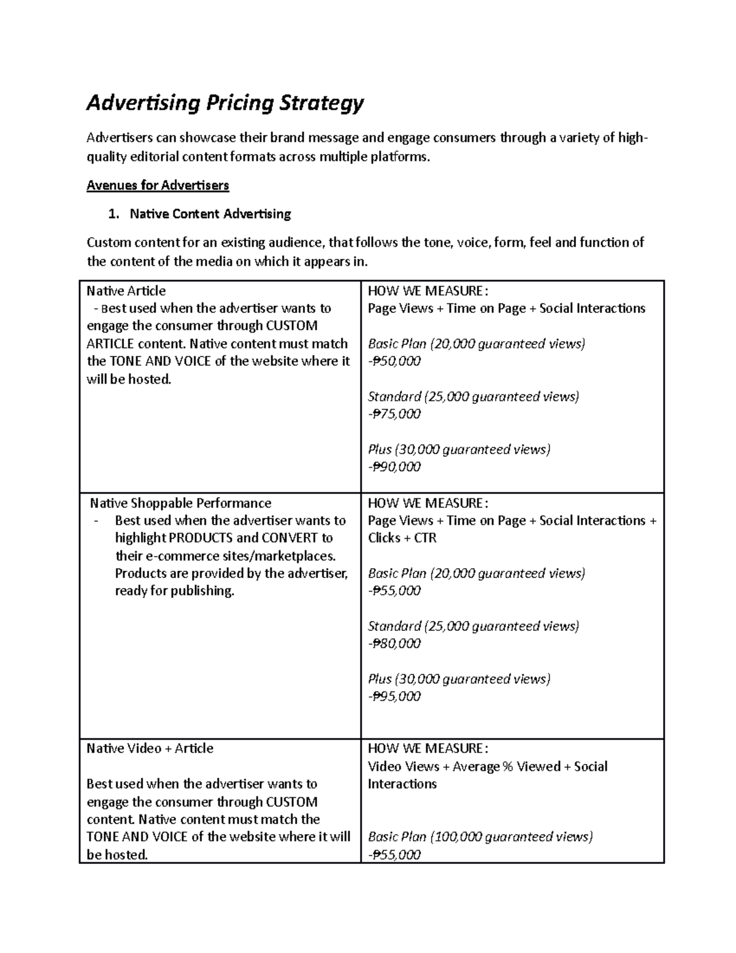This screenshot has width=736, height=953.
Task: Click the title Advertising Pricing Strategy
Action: click(x=225, y=103)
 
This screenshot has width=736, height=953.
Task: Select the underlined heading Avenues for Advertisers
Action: click(x=158, y=185)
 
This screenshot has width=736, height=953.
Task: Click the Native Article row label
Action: click(x=126, y=291)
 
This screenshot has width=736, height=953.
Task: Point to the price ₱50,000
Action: click(x=396, y=361)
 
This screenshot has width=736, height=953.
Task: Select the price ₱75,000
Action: click(x=396, y=414)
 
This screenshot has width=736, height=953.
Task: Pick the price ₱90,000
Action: click(x=396, y=467)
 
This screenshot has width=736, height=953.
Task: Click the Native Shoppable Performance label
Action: click(x=180, y=503)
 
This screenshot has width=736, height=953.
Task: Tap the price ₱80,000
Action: click(x=396, y=644)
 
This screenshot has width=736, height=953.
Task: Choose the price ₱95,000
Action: click(x=396, y=696)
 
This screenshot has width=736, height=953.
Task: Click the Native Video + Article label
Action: click(x=150, y=749)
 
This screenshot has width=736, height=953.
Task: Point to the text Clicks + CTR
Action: click(x=402, y=538)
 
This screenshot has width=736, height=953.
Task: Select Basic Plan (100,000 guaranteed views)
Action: click(x=480, y=837)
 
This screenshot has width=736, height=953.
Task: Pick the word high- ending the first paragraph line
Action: click(x=632, y=138)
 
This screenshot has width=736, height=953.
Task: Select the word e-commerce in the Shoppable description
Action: click(x=178, y=556)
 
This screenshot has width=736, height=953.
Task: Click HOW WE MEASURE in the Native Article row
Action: click(x=427, y=291)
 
